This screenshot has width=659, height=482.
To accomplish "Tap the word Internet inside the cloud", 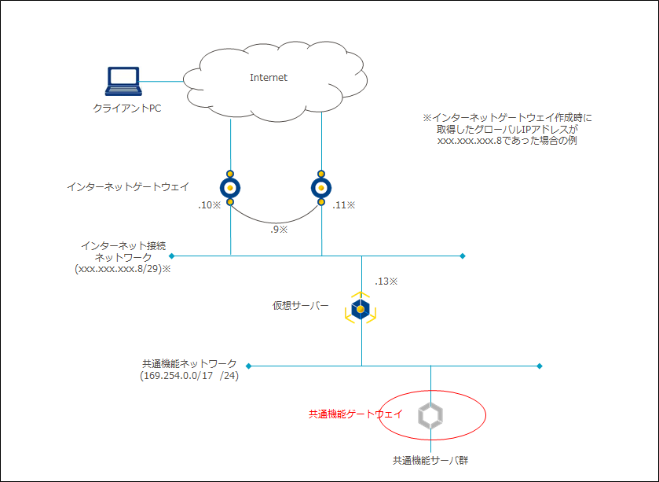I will click(269, 78).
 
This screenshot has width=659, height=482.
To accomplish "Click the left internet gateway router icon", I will click(230, 187).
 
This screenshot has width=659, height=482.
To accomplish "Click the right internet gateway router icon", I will click(321, 187).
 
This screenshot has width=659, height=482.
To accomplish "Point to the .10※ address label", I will click(210, 206).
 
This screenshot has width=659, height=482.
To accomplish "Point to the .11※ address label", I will click(343, 205).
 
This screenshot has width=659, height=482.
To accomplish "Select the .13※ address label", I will click(386, 281).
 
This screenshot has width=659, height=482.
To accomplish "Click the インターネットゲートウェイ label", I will click(128, 187).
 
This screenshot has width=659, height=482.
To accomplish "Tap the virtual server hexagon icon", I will click(361, 309).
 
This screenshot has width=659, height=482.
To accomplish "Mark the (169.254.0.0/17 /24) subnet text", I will click(189, 376).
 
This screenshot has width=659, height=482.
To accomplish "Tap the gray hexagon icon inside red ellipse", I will click(430, 416).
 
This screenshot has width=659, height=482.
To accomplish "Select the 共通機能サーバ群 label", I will click(431, 460).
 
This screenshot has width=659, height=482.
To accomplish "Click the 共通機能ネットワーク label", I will click(189, 364).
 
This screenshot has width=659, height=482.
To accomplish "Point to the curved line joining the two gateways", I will click(276, 220).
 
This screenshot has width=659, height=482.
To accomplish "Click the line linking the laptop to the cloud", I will click(162, 81).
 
